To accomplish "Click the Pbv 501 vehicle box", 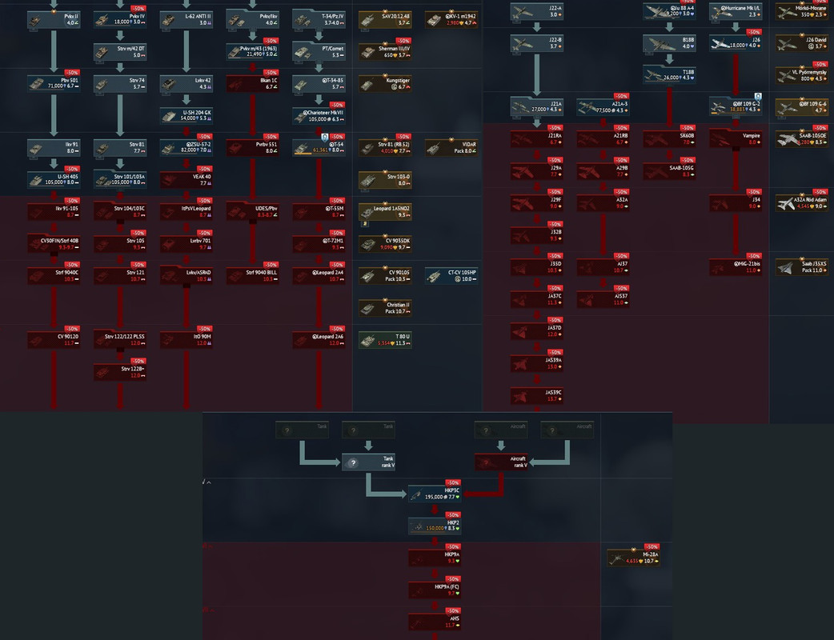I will click(54, 83).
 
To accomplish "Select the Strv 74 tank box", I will click(120, 83).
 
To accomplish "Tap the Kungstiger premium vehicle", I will click(385, 83).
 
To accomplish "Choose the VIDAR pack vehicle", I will click(451, 147).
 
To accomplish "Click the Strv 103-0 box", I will click(385, 180).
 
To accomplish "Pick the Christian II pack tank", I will click(385, 308).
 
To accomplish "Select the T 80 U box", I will click(385, 340).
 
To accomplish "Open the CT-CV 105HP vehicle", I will click(451, 276).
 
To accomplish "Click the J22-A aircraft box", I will click(537, 11).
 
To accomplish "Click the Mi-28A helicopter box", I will click(633, 558).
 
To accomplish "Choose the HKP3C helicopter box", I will click(435, 494).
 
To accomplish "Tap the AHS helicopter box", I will click(435, 622).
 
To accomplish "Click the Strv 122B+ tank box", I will click(120, 372).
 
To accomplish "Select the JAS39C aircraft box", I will click(537, 395).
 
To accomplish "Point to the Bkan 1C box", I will click(252, 83).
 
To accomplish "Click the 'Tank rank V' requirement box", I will click(368, 462).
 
